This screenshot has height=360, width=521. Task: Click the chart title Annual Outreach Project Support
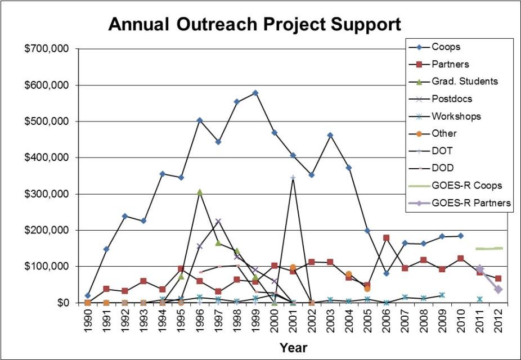pos(254,24)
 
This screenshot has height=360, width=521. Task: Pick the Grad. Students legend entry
pos(464,81)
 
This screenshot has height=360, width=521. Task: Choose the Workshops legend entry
pos(456,116)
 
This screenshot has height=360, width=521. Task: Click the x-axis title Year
pos(293,347)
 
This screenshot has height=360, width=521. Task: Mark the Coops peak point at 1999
pos(255,93)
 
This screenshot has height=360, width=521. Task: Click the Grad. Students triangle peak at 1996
pos(200,192)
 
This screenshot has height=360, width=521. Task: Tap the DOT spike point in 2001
pos(293,178)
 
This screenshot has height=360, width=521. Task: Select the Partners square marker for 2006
pos(386,238)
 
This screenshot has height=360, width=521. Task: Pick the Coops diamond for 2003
pos(330,135)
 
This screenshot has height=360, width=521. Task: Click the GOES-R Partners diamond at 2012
pos(497,290)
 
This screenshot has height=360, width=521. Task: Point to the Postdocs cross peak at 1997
pos(218,222)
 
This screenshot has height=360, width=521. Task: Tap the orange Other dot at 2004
pos(349,274)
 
